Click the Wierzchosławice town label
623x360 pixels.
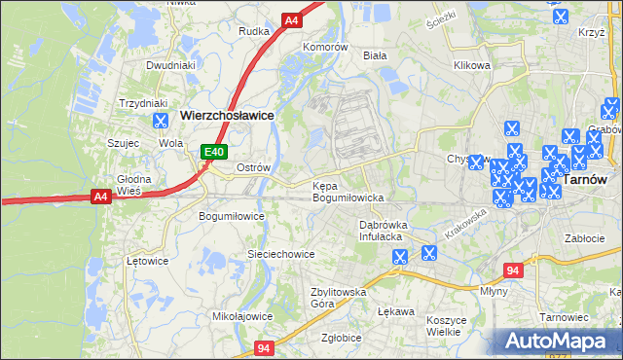(x=226, y=115)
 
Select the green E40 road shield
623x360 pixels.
(x=214, y=152)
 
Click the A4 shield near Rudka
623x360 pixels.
(x=291, y=19)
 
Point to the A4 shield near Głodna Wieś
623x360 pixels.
(x=100, y=197)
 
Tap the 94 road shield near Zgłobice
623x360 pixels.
(x=264, y=347)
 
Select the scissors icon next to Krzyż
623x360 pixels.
(x=561, y=17)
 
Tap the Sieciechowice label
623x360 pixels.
(x=280, y=254)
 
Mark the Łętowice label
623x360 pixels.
(x=148, y=261)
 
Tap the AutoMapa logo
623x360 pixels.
(x=557, y=342)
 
